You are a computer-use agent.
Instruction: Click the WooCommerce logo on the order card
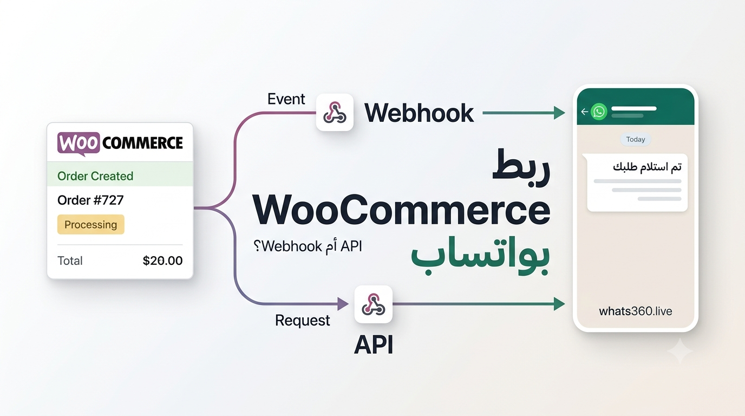pyautogui.click(x=120, y=144)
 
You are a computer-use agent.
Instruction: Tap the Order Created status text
pyautogui.click(x=95, y=176)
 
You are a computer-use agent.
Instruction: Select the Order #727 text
pyautogui.click(x=90, y=200)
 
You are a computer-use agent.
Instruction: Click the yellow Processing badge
pyautogui.click(x=91, y=225)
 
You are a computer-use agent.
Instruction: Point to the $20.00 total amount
pyautogui.click(x=162, y=261)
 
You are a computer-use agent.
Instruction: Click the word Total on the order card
pyautogui.click(x=70, y=261)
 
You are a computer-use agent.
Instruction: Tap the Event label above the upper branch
pyautogui.click(x=286, y=99)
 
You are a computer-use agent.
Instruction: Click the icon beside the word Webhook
pyautogui.click(x=335, y=112)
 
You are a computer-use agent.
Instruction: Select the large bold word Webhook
pyautogui.click(x=419, y=113)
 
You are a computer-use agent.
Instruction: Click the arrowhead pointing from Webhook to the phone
pyautogui.click(x=559, y=113)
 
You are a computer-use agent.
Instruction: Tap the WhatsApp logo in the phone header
pyautogui.click(x=599, y=112)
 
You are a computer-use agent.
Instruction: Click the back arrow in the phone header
pyautogui.click(x=584, y=112)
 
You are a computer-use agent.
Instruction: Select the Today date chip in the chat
pyautogui.click(x=636, y=139)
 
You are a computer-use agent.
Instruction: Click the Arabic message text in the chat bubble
pyautogui.click(x=647, y=167)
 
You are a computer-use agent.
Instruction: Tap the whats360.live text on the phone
pyautogui.click(x=636, y=311)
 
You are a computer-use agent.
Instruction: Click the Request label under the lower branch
pyautogui.click(x=302, y=321)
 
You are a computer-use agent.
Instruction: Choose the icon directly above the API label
pyautogui.click(x=373, y=304)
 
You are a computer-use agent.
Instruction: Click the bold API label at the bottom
pyautogui.click(x=374, y=345)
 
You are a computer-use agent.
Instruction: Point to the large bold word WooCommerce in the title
pyautogui.click(x=401, y=210)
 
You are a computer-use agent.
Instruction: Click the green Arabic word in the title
pyautogui.click(x=480, y=255)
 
